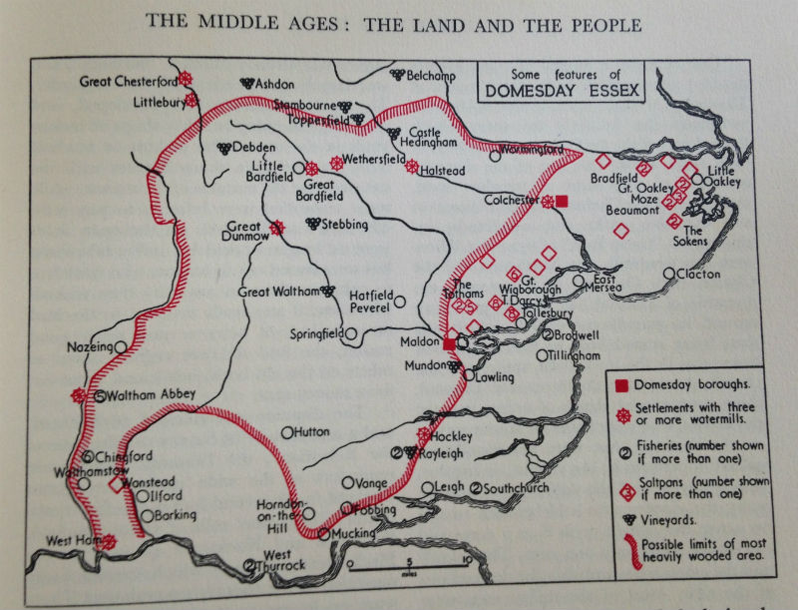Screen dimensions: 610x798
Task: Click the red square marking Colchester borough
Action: click(x=562, y=201)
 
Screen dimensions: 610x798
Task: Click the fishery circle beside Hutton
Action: click(x=287, y=432)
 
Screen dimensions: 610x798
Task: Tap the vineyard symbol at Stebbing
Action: click(x=312, y=224)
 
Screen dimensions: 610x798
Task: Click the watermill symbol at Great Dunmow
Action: click(x=276, y=228)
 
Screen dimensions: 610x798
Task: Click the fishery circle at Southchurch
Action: click(x=477, y=488)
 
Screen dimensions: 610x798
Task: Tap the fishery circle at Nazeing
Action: click(x=120, y=346)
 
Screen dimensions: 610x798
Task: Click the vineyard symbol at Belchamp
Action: click(x=397, y=74)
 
